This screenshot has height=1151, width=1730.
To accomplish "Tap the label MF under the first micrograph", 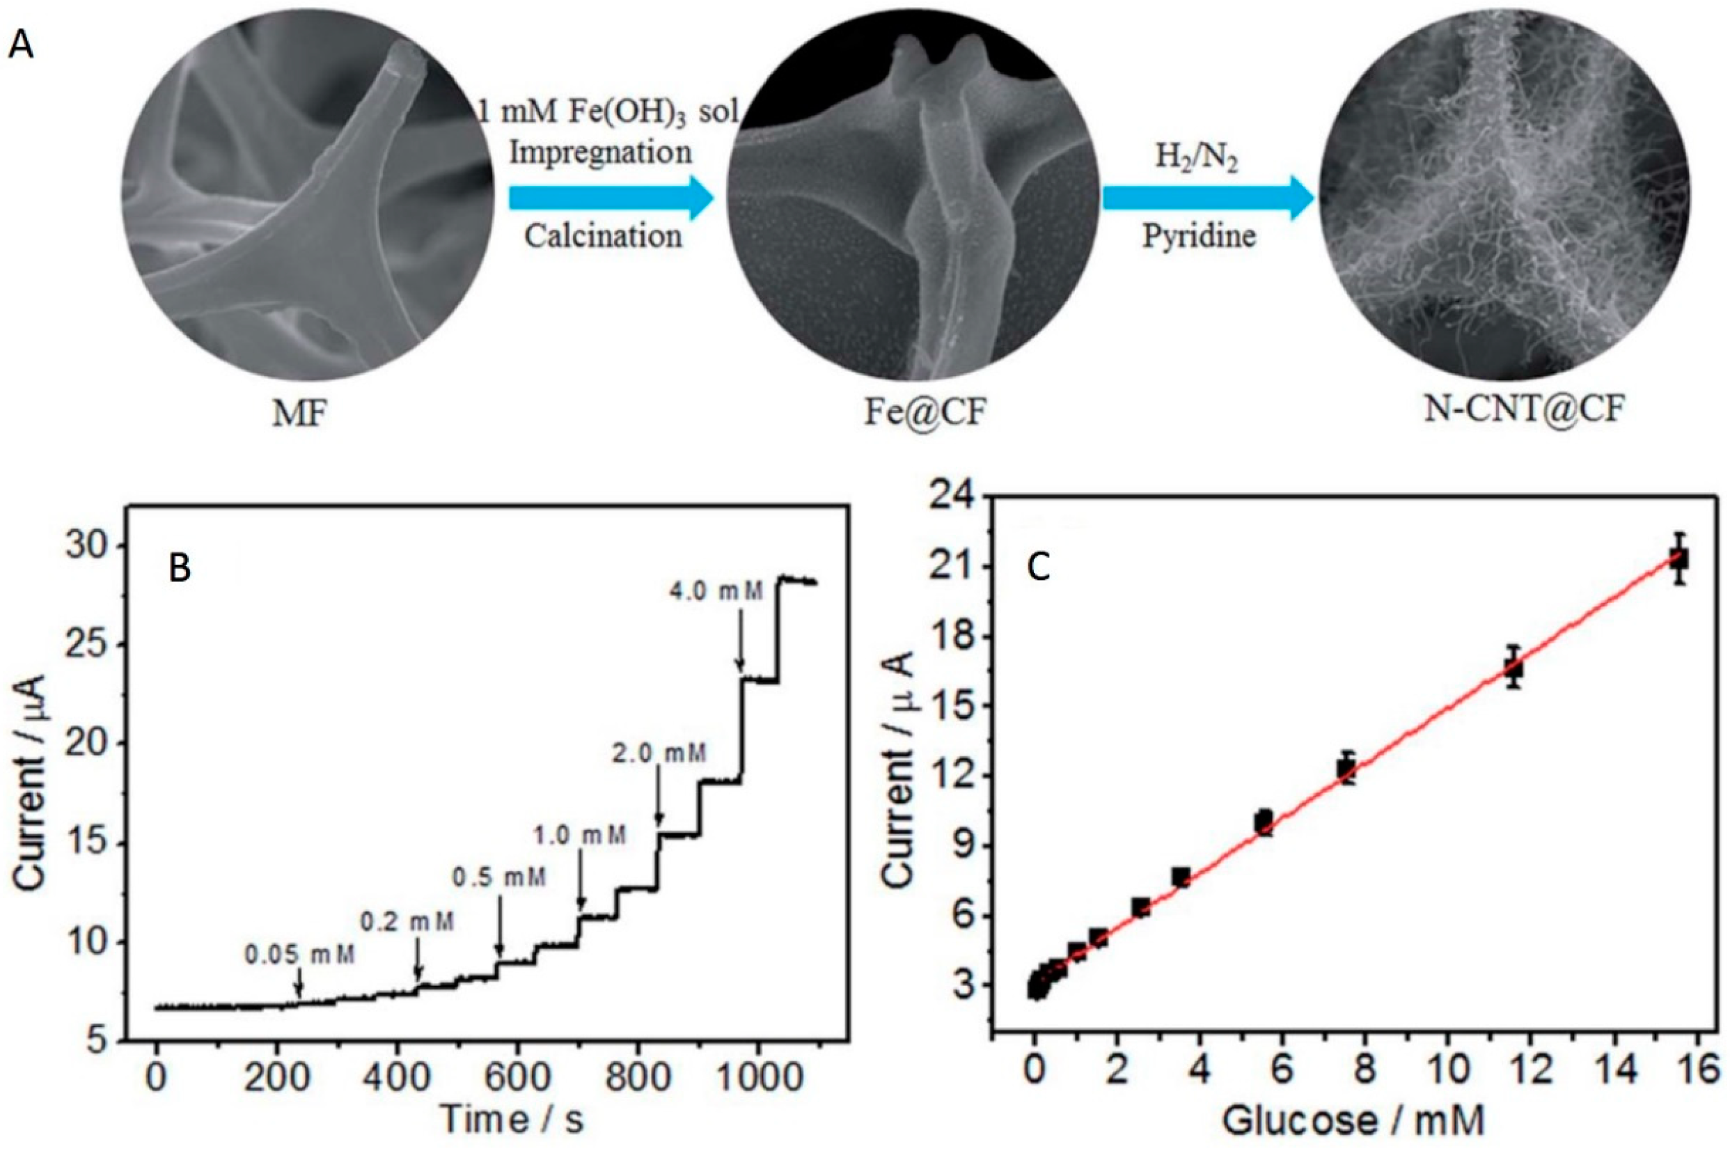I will tap(300, 415).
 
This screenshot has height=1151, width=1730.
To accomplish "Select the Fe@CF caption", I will tap(925, 414).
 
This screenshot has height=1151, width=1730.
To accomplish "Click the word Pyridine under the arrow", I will tap(1199, 236).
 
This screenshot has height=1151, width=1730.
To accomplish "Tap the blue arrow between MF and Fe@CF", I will tap(611, 198).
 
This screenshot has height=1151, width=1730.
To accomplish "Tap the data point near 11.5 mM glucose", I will tap(1513, 667).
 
